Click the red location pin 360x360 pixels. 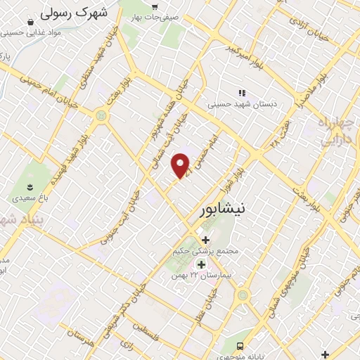[181, 166]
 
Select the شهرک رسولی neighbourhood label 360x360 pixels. [73, 12]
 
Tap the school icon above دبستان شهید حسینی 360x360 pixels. [243, 92]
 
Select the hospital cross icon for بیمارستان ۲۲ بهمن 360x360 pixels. [202, 265]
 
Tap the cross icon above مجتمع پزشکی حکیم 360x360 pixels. [205, 240]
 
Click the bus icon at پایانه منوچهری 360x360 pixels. [240, 346]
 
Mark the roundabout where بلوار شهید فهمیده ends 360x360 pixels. [103, 115]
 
